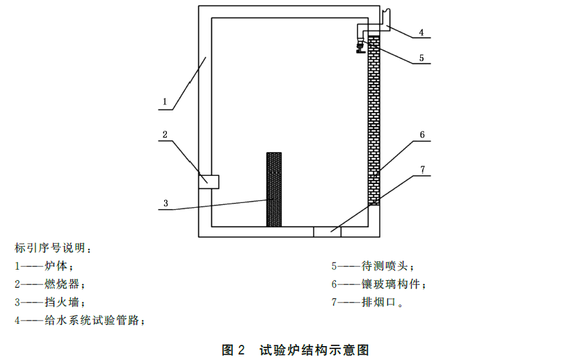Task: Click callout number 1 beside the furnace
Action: click(x=165, y=101)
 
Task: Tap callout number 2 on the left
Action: click(x=165, y=134)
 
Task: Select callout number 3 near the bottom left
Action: click(x=166, y=204)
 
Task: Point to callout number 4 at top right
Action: click(x=421, y=32)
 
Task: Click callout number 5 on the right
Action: click(x=421, y=59)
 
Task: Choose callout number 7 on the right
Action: click(x=421, y=169)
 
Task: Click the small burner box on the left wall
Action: click(x=209, y=181)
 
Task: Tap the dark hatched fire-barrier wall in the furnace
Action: click(x=274, y=189)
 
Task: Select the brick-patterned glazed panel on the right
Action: click(x=374, y=118)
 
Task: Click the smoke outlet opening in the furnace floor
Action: click(x=327, y=231)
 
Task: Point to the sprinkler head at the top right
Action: click(x=360, y=47)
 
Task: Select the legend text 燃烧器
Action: click(x=64, y=284)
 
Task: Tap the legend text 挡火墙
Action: click(x=64, y=302)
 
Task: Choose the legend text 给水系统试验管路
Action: click(x=94, y=320)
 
